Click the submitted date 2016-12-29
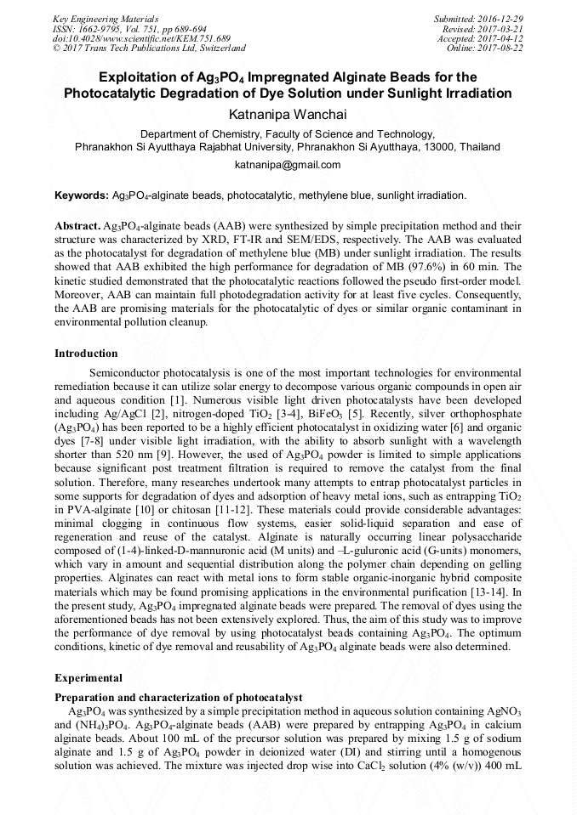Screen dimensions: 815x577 click(x=500, y=18)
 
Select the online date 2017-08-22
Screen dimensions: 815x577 click(x=500, y=48)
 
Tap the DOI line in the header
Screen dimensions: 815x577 click(x=141, y=38)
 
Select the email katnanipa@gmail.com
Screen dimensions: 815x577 click(x=288, y=165)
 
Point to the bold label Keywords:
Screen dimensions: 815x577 click(x=82, y=195)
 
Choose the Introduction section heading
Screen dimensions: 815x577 click(x=86, y=354)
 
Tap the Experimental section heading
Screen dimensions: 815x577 click(x=89, y=678)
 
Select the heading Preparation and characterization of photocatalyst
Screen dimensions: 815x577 click(x=178, y=698)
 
